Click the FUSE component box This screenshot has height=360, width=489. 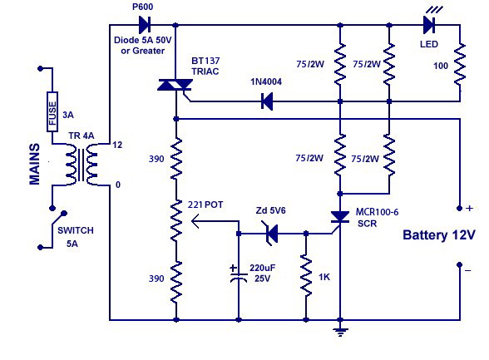(x=52, y=111)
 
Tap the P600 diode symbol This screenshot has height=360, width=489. (x=145, y=25)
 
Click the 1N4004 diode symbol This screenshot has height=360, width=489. (x=267, y=101)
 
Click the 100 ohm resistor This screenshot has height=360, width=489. (x=460, y=65)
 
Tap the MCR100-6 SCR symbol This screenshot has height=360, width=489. (x=339, y=218)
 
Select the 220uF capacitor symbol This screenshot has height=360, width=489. (x=239, y=274)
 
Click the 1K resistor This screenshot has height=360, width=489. (x=306, y=275)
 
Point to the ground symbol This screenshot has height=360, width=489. (x=340, y=332)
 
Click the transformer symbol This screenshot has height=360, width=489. (x=81, y=165)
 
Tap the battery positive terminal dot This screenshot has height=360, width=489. (x=459, y=208)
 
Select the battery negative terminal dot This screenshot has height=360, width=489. (x=459, y=264)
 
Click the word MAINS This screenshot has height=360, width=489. (x=35, y=164)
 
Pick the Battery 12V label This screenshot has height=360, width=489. (x=439, y=234)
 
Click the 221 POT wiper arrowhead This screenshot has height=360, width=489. (x=195, y=221)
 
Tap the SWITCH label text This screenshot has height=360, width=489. (x=76, y=230)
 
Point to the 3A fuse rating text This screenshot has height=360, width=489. (x=68, y=115)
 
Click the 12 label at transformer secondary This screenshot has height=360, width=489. (x=117, y=145)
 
